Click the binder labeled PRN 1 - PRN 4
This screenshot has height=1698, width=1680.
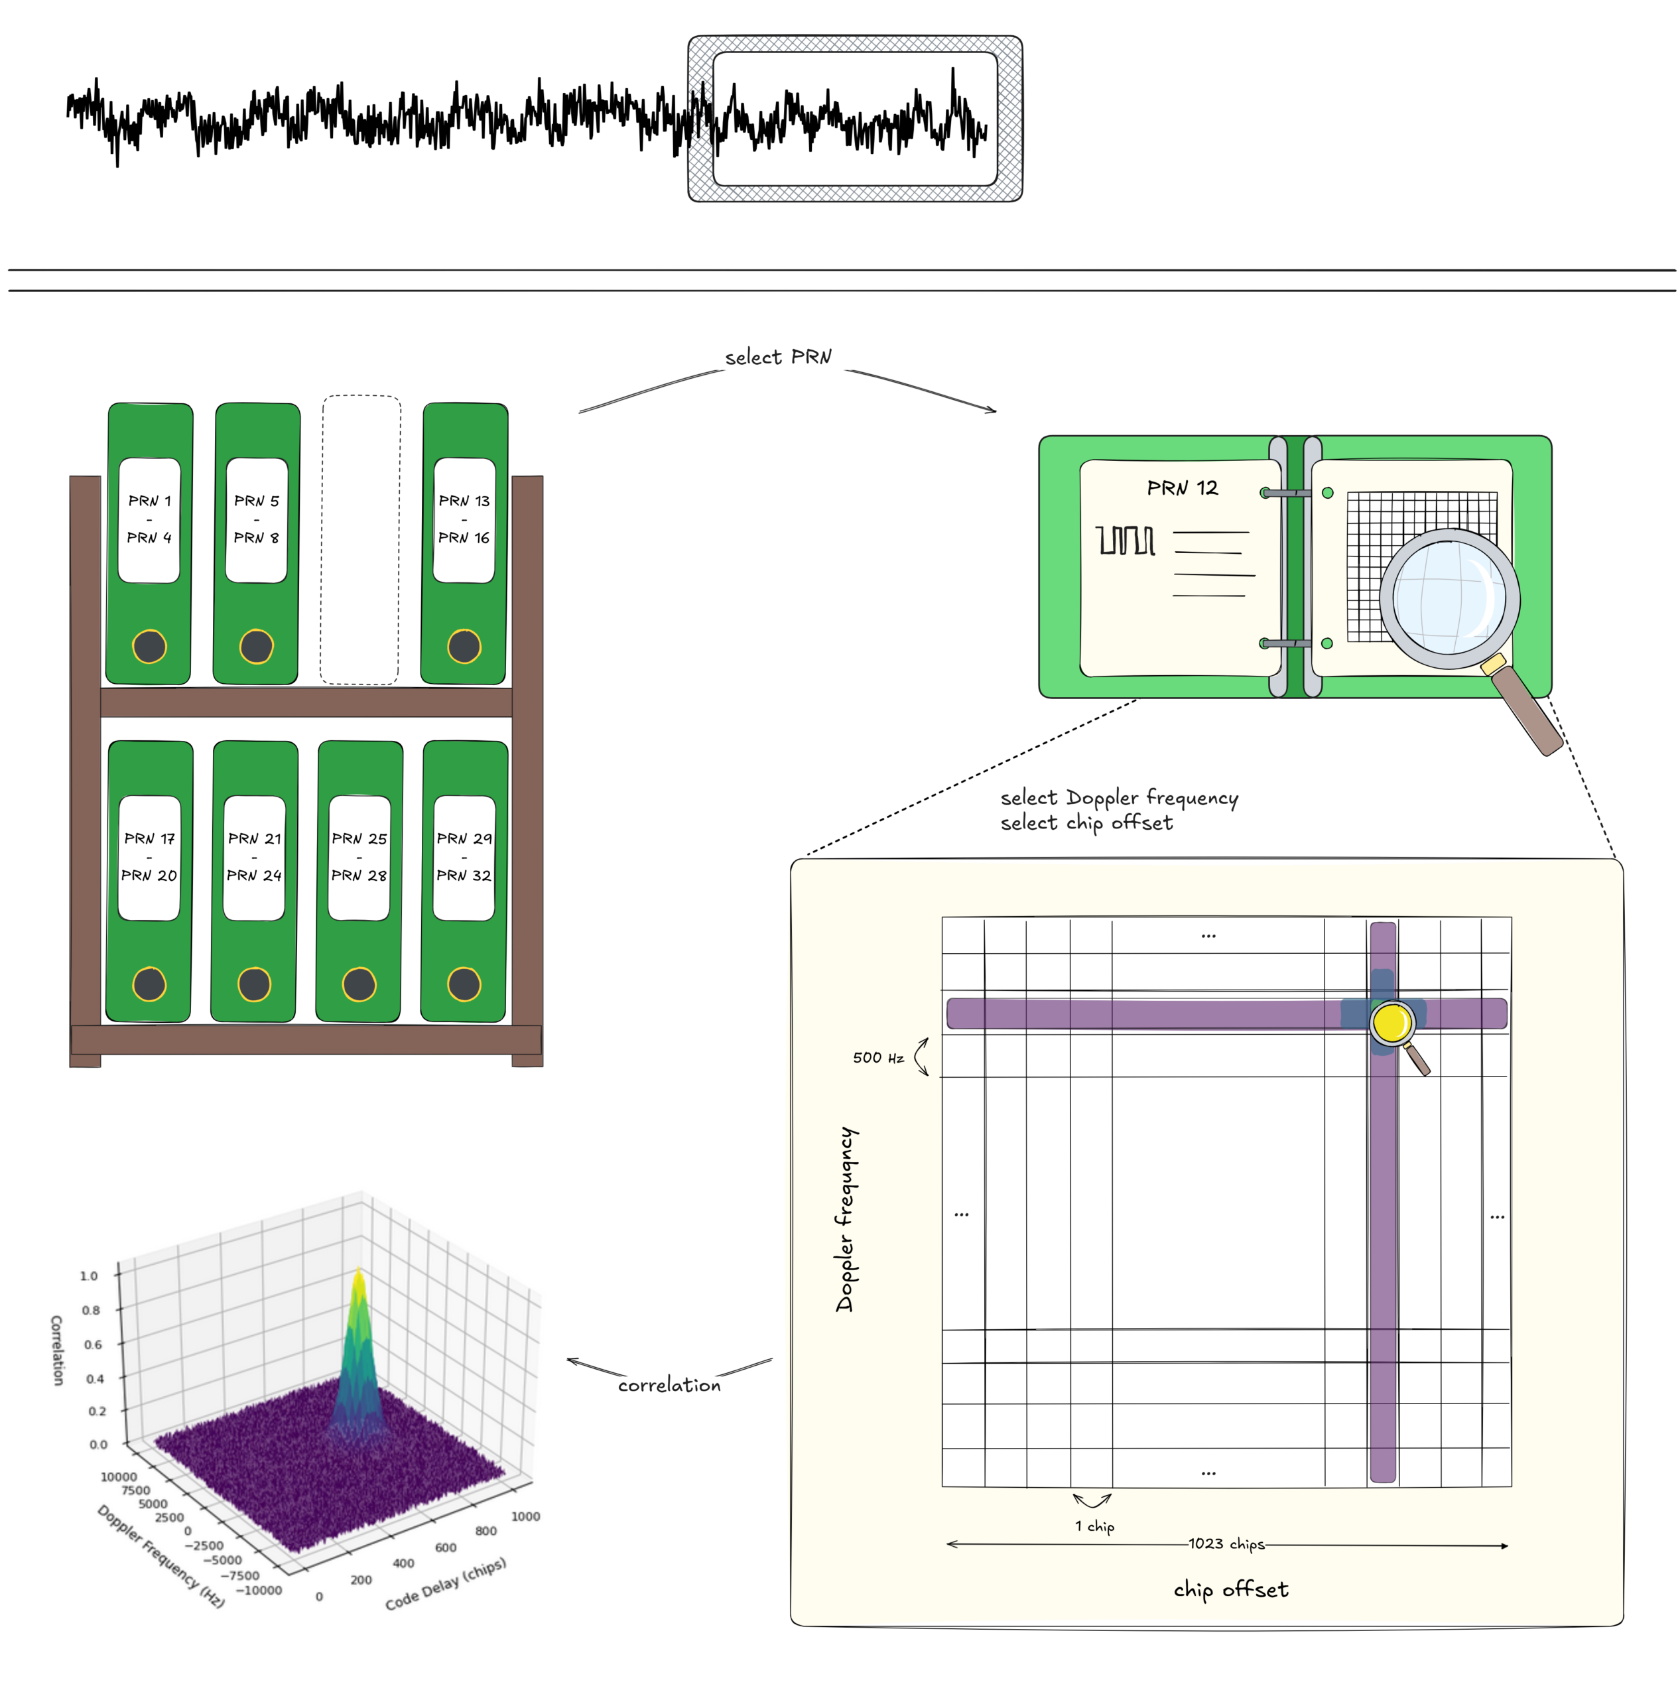click(149, 545)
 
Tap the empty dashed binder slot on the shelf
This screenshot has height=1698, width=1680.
click(360, 540)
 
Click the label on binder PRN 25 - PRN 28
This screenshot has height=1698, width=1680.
click(359, 858)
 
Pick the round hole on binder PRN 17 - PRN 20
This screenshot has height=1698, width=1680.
click(149, 984)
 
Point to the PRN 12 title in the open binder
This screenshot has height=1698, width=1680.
click(1183, 488)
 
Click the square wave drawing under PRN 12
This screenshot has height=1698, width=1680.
click(1126, 541)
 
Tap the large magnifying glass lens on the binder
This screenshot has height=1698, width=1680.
click(1449, 598)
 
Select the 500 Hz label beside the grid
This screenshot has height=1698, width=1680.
click(877, 1057)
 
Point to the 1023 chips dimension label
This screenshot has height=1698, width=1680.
click(1226, 1543)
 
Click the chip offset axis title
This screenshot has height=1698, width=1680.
click(1231, 1589)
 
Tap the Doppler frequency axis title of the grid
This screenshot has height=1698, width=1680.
click(845, 1219)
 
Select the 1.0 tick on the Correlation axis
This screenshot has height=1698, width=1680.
click(89, 1275)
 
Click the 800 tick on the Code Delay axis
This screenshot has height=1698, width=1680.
click(486, 1530)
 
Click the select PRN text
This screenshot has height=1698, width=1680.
click(777, 357)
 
